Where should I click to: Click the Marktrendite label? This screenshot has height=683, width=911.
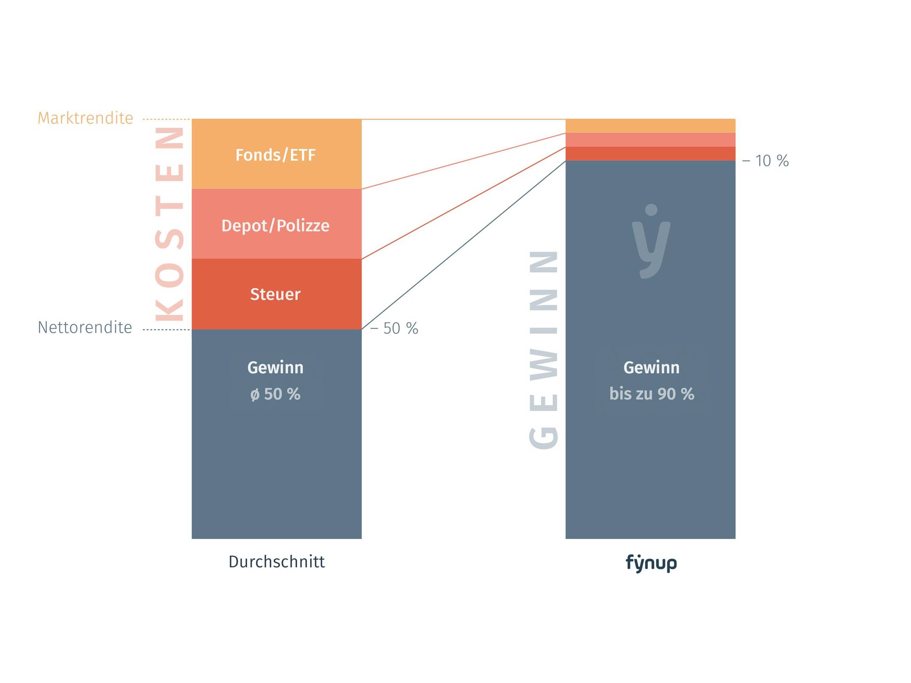[85, 118]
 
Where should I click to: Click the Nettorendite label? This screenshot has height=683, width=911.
[85, 328]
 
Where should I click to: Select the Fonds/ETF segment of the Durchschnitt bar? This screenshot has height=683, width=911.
[276, 154]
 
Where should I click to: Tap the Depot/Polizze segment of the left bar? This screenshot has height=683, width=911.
[276, 224]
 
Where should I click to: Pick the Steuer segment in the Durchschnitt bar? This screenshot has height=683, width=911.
[276, 294]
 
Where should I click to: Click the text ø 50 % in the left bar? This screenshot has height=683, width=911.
[276, 394]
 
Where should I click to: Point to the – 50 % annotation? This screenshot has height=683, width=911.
[394, 329]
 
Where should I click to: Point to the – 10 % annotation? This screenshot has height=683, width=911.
[766, 161]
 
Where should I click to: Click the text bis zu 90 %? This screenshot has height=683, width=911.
[651, 394]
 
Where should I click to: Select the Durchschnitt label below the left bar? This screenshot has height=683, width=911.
[276, 562]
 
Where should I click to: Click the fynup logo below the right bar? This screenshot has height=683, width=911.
[651, 563]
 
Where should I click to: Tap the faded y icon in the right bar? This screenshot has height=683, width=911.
[651, 241]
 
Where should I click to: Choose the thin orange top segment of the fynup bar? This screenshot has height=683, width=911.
[650, 126]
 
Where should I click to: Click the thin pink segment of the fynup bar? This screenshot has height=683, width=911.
[650, 140]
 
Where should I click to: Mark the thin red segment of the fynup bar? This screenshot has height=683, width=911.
[650, 154]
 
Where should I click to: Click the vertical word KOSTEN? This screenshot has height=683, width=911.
[169, 224]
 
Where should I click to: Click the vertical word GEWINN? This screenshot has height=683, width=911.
[544, 349]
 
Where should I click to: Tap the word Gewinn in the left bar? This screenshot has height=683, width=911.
[276, 368]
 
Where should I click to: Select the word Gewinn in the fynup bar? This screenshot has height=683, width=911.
[651, 368]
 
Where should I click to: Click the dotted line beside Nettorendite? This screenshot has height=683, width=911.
[166, 330]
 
